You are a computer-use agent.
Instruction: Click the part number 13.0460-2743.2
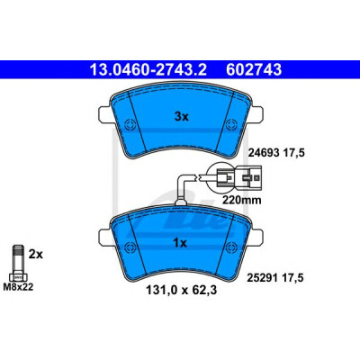(x=148, y=70)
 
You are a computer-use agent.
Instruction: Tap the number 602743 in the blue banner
(x=254, y=70)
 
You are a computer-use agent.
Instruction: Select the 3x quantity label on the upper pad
(x=181, y=117)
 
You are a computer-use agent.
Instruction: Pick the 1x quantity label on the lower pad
(x=180, y=243)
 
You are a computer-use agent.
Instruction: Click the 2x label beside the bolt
(x=36, y=255)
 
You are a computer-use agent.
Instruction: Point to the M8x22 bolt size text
(x=18, y=287)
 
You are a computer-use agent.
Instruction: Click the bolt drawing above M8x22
(x=18, y=263)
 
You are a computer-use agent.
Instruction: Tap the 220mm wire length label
(x=241, y=200)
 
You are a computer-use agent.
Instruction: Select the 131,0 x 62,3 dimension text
(x=181, y=290)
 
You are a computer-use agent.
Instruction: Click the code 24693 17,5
(x=276, y=153)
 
